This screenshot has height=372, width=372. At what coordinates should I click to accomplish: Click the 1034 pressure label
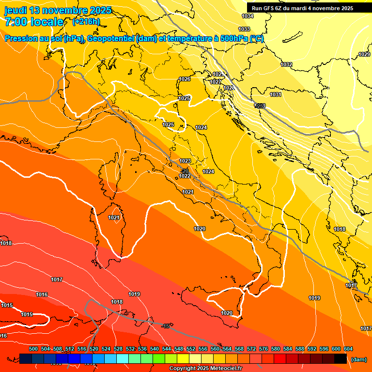[248, 16]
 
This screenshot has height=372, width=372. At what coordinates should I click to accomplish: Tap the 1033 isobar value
[245, 29]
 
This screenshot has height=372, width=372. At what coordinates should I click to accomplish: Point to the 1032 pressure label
[286, 64]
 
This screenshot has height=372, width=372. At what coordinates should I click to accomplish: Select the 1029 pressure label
[364, 54]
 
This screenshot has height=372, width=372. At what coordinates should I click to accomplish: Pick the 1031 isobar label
[276, 94]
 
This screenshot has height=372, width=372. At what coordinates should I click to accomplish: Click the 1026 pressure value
[185, 79]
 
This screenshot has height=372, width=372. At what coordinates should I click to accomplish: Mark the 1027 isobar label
[216, 82]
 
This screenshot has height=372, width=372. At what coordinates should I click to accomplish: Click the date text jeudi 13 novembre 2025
[58, 10]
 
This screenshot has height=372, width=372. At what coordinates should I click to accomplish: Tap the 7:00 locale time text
[34, 22]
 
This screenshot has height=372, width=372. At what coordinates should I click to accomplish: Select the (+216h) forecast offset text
[86, 22]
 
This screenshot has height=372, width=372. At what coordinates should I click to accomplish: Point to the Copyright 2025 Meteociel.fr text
[206, 369]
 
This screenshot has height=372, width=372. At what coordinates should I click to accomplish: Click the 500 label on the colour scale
[33, 349]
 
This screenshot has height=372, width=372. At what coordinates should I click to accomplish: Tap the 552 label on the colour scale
[191, 349]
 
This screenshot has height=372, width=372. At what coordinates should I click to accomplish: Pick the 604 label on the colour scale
[348, 349]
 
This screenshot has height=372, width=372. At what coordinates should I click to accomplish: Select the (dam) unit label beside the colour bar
[358, 359]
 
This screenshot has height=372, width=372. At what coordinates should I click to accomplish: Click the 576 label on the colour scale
[263, 349]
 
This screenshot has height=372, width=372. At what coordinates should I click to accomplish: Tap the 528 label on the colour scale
[118, 349]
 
